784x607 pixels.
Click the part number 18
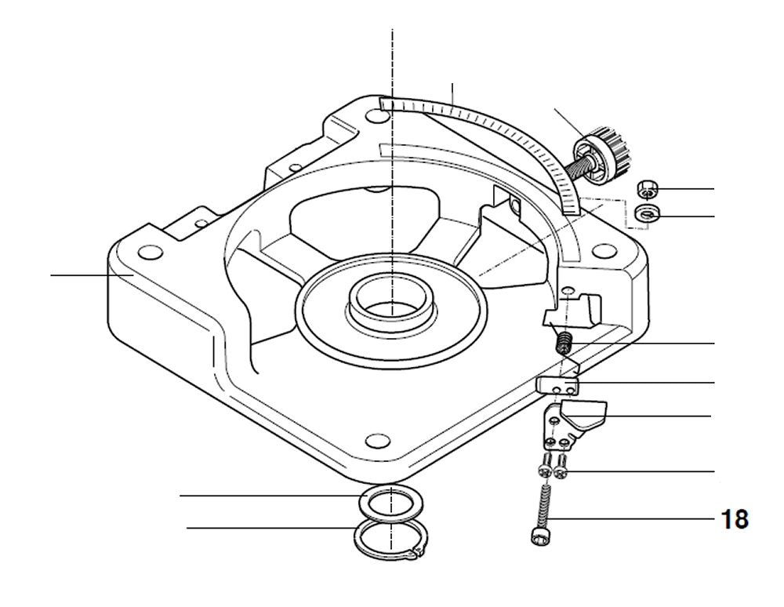click(735, 518)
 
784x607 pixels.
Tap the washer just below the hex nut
click(647, 213)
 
